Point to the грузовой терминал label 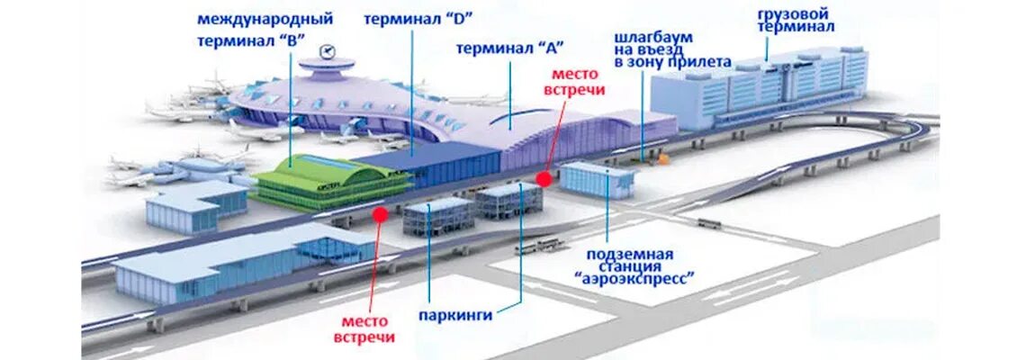795,21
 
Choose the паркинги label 456,315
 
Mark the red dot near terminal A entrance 543,179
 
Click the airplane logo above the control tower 326,50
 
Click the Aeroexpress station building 597,178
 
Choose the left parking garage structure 438,218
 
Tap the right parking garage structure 508,201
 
